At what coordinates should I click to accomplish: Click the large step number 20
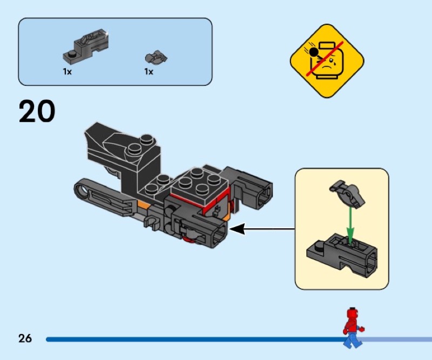(x=37, y=112)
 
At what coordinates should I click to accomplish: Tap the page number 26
(x=25, y=339)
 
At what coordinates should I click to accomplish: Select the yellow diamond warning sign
(x=327, y=61)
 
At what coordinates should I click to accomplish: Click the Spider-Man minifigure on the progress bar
(x=353, y=327)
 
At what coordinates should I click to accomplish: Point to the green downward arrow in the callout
(x=350, y=222)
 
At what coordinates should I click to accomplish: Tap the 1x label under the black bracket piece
(x=67, y=71)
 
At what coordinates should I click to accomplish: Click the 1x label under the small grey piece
(x=148, y=71)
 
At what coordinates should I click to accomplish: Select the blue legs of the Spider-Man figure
(x=352, y=339)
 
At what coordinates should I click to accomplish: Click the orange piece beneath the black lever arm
(x=143, y=206)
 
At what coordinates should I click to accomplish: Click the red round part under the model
(x=189, y=239)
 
